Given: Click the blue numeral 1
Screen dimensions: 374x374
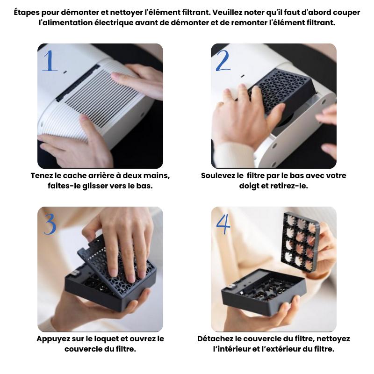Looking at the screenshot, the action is coord(50,61).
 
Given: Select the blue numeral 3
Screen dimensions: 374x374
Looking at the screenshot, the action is coord(50,224).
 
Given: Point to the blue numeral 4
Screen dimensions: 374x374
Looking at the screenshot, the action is coord(223,224).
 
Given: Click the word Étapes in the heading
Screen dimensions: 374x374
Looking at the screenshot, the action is coord(27,12).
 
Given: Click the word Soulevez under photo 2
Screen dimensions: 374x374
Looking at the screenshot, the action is coord(219,176).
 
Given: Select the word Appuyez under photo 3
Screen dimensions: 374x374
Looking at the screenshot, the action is coord(52,339).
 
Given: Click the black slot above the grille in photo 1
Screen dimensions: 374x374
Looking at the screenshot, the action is coord(78,83).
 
